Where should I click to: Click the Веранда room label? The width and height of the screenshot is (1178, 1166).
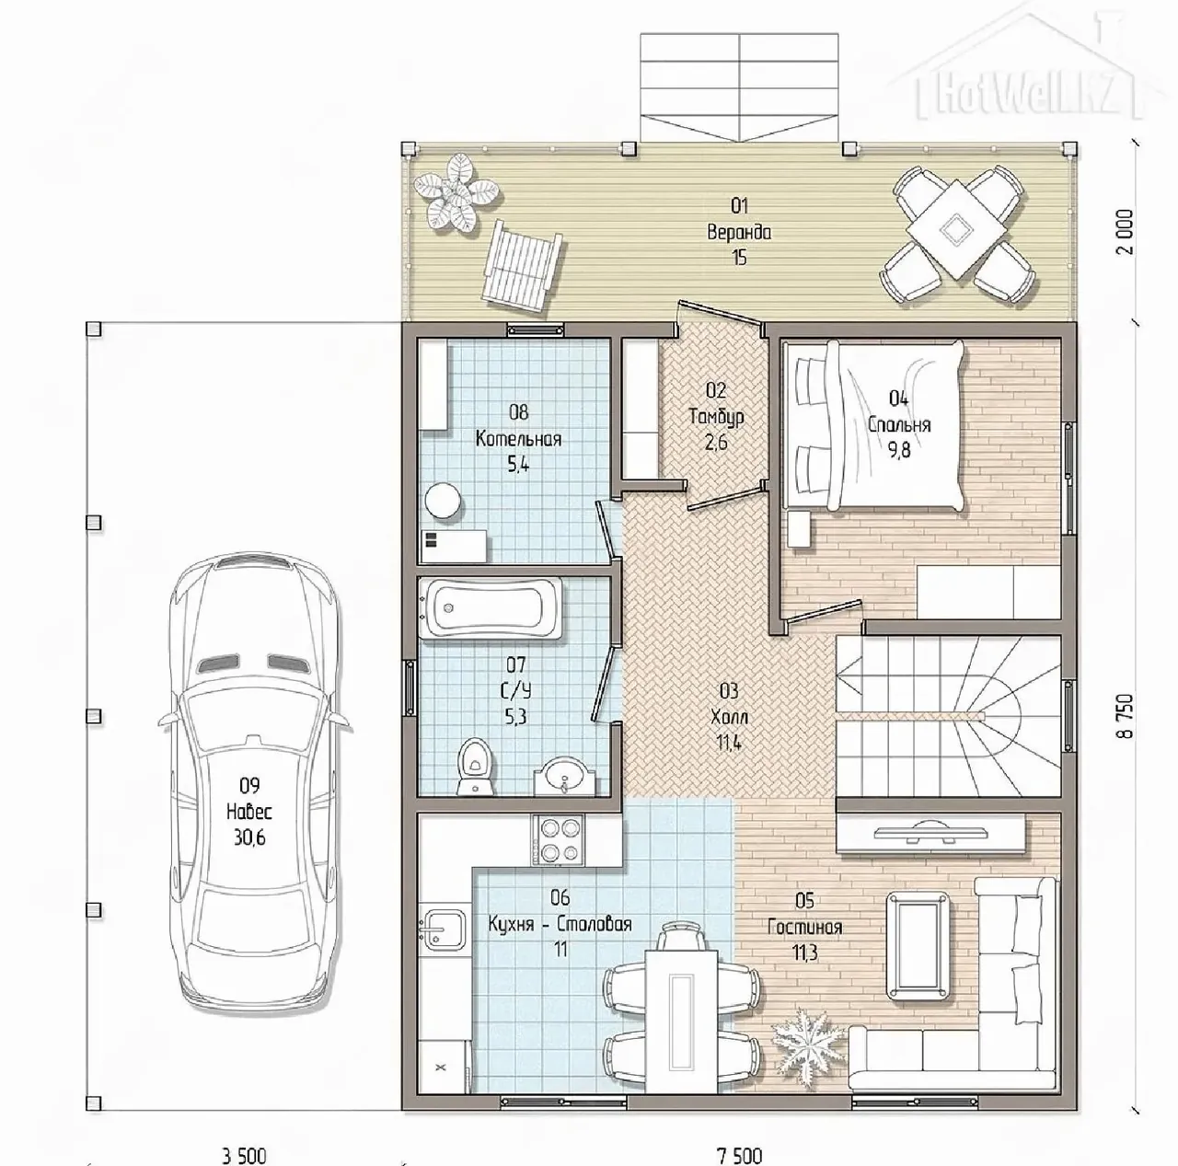pos(739,232)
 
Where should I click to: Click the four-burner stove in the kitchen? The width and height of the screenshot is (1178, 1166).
pos(557,840)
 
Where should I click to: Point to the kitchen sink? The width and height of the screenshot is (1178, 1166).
pos(444,929)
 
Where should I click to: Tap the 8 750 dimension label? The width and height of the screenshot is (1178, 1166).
pos(1126,716)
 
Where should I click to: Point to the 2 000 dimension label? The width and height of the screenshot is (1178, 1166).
pos(1126,232)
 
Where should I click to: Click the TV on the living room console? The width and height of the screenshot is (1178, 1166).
pos(930,835)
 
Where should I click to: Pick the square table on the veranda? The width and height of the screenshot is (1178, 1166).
pos(956,230)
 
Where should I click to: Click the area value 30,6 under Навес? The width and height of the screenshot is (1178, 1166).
pos(249,837)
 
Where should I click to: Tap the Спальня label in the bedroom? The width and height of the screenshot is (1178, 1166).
pos(898,425)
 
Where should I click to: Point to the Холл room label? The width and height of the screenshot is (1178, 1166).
pos(729,717)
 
